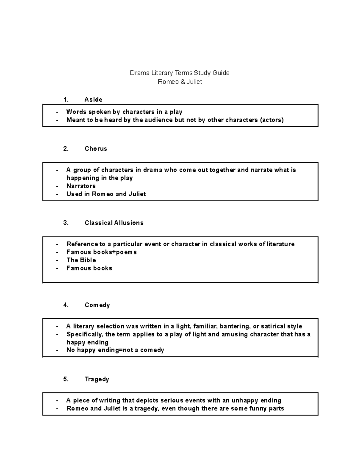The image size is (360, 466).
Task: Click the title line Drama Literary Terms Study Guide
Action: coord(179,73)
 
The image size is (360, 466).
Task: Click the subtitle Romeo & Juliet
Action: coord(180,82)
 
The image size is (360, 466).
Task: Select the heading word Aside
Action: coord(93,100)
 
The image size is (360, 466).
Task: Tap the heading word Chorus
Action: coord(96,149)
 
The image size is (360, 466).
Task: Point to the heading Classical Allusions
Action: coord(114,223)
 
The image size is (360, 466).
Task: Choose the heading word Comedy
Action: coord(97,305)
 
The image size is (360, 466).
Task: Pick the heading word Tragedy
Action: coord(97,379)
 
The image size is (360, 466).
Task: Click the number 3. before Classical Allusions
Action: coord(66,223)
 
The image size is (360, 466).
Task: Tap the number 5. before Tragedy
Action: coord(66,379)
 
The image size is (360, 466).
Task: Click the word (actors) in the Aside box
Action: coord(271,120)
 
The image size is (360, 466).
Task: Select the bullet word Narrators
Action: coord(81,186)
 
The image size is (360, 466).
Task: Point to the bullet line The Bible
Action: coord(81,260)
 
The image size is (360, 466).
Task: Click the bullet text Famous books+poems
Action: coord(101,252)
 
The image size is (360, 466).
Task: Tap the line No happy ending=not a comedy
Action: coord(115,350)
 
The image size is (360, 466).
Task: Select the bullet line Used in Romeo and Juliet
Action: coord(106,194)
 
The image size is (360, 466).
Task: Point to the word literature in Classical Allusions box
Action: coord(280,244)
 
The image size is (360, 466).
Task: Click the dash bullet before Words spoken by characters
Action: coord(57,112)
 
